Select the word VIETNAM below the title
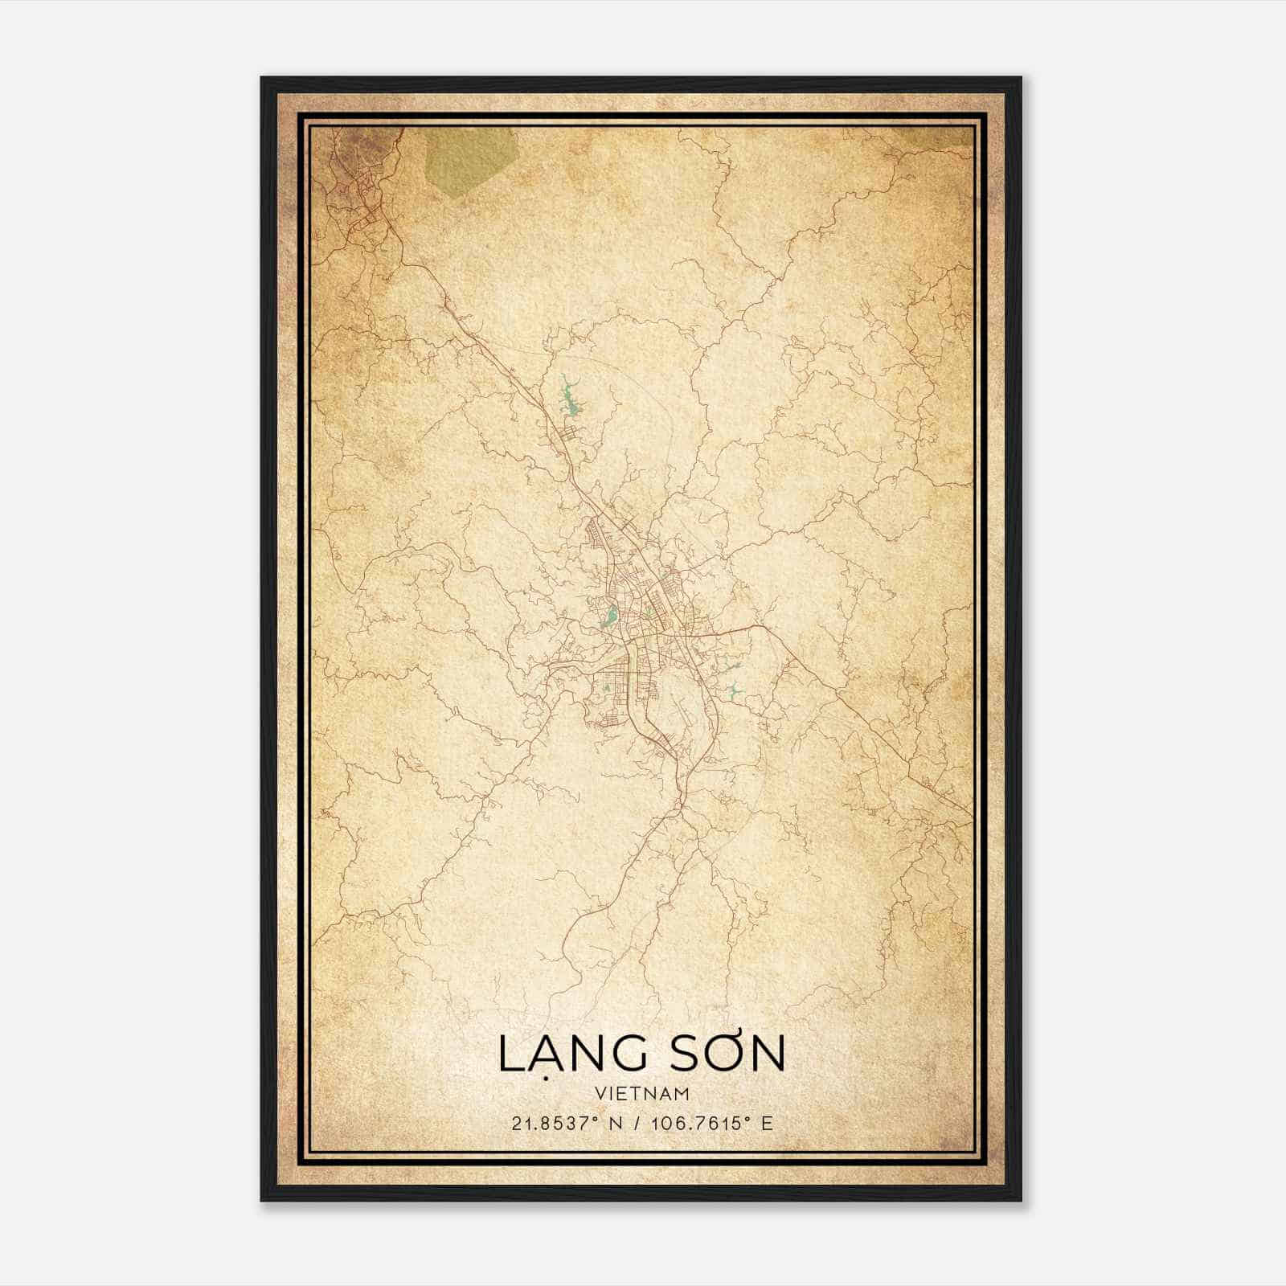(x=642, y=1093)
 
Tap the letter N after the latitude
(x=617, y=1123)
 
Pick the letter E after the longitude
(x=767, y=1123)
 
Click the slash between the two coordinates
(x=638, y=1123)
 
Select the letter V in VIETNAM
(x=600, y=1093)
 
